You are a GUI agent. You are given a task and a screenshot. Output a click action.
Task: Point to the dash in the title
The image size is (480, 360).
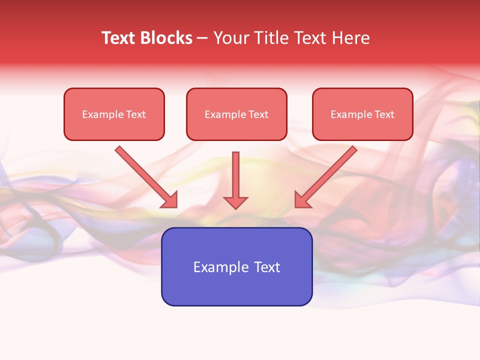[x=202, y=38]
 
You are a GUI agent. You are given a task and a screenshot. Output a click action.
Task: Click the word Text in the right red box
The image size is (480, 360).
[x=384, y=114]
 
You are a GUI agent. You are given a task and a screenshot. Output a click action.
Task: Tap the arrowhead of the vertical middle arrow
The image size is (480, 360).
[x=235, y=202]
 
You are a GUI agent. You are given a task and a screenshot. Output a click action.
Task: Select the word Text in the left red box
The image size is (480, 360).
[x=136, y=114]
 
